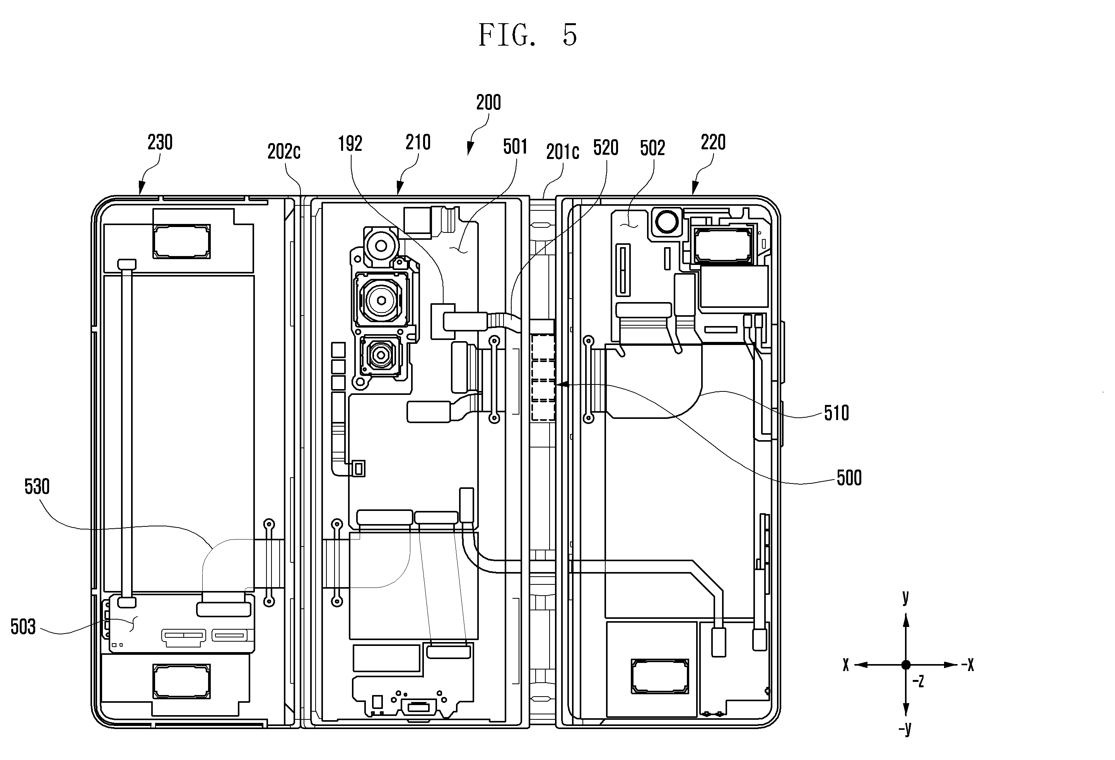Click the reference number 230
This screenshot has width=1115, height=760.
(160, 142)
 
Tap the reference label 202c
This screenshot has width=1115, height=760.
(284, 152)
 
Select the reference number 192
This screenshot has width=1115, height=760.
(350, 143)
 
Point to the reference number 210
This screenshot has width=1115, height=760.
(418, 142)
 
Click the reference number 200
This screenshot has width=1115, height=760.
(488, 102)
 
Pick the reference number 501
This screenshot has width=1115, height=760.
(515, 147)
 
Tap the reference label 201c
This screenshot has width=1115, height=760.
(563, 152)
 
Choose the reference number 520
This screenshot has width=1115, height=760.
(606, 148)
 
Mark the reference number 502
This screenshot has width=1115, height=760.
(652, 148)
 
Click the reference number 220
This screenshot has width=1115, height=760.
(713, 142)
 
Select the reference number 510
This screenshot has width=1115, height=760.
(837, 413)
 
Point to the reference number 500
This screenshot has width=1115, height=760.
(849, 478)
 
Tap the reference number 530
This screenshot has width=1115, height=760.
(37, 487)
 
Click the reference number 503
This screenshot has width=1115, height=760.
(23, 627)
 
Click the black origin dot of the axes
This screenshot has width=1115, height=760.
(906, 665)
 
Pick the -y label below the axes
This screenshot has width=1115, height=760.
(905, 729)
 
